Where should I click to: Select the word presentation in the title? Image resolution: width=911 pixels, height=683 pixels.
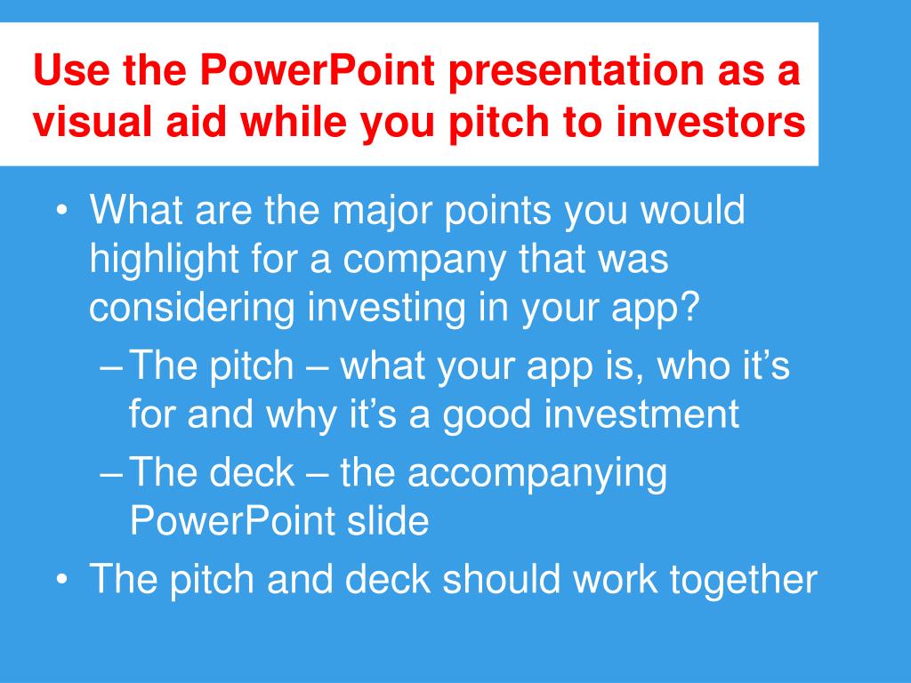576,71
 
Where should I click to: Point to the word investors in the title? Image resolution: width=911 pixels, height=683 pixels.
711,121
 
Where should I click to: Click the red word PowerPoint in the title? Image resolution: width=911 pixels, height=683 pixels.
318,69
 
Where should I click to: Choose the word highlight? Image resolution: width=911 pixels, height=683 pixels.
164,259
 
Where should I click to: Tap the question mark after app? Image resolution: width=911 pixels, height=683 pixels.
689,307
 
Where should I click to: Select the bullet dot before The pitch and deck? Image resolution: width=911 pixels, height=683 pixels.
61,580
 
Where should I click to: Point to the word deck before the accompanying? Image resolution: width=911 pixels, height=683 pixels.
252,471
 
